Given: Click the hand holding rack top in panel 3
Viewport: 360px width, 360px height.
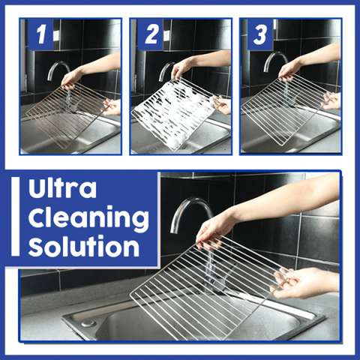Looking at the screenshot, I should [289, 70].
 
